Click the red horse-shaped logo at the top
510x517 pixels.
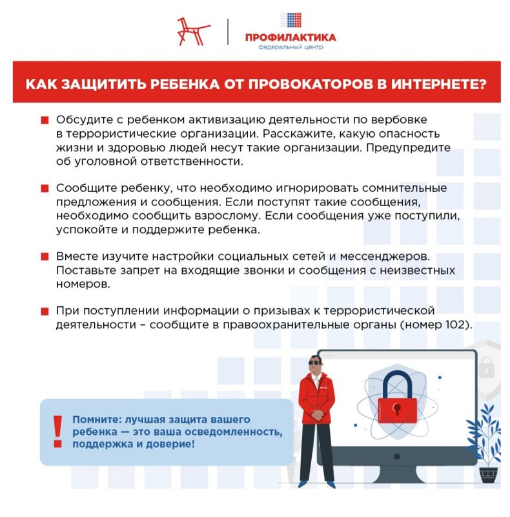(x=194, y=31)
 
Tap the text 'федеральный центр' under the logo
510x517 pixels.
(x=290, y=47)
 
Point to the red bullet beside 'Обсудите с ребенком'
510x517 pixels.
(x=45, y=121)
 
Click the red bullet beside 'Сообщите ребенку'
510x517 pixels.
(x=45, y=189)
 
